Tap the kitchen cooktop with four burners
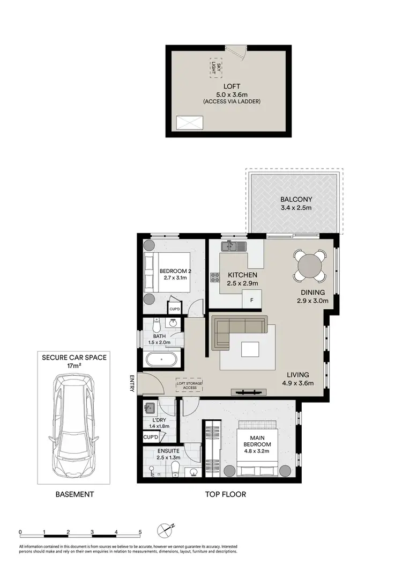215,278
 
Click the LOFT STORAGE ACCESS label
187,385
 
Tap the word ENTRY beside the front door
132,383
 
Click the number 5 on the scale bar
140,532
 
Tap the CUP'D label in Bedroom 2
175,309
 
